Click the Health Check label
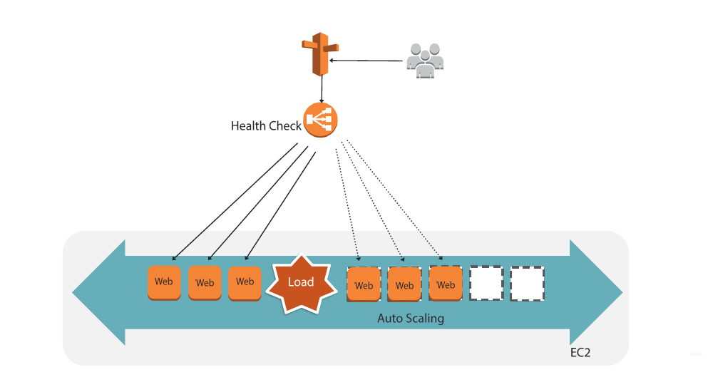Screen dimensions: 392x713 (x=266, y=126)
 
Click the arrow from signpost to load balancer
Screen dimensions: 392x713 (x=322, y=89)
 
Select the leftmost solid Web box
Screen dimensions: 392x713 (x=164, y=282)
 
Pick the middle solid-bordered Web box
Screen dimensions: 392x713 (x=205, y=283)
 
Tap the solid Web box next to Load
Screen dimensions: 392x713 (x=245, y=282)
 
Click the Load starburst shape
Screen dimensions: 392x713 (x=301, y=283)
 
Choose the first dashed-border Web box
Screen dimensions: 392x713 (x=364, y=284)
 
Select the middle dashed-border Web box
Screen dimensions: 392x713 (x=404, y=285)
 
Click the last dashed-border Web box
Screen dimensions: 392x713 (x=446, y=284)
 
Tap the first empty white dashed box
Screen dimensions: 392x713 (x=486, y=284)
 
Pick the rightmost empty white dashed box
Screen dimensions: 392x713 (x=528, y=284)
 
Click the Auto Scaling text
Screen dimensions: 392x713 (x=410, y=319)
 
